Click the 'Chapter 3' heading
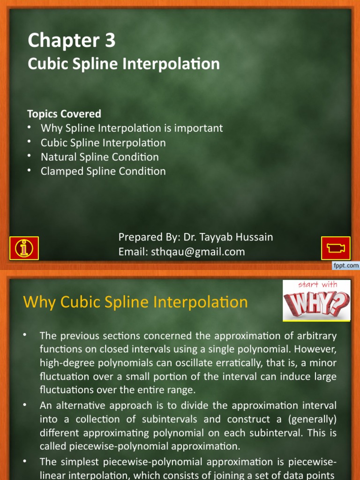coord(71,41)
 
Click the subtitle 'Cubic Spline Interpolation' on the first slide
coord(124,64)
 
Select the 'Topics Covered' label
coord(64,114)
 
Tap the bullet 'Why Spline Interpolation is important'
coord(132,128)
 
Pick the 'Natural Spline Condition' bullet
coord(99,157)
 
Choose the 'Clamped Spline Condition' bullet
coord(103,171)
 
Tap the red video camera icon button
coord(335,247)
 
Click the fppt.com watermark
coord(346,266)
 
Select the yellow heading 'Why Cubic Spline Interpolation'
coord(135,302)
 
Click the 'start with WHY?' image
coord(316,300)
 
